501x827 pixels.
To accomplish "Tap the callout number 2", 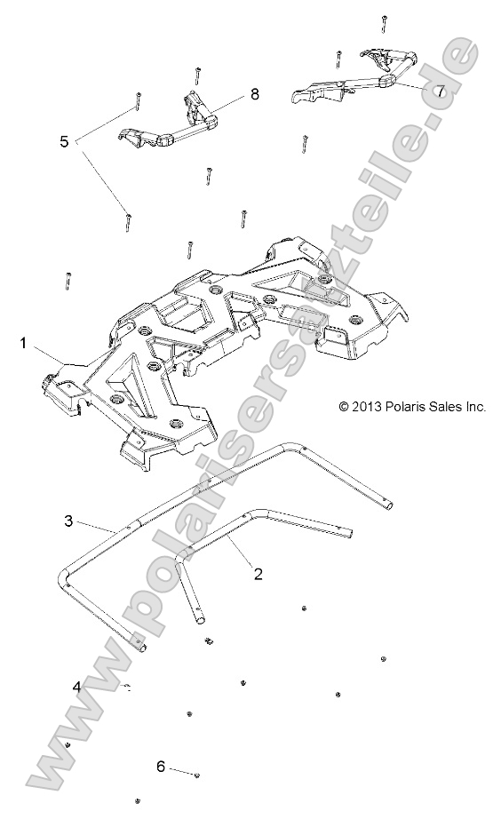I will coord(258,574).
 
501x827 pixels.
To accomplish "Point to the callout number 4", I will coord(77,686).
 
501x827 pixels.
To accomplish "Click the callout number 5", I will coord(64,141).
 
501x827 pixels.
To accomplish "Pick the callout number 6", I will coord(161,766).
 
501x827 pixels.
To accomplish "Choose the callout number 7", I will coord(439,91).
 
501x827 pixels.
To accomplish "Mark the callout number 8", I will coord(254,95).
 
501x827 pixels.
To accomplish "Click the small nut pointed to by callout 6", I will coord(196,775).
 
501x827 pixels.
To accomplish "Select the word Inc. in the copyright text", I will coord(474,406).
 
